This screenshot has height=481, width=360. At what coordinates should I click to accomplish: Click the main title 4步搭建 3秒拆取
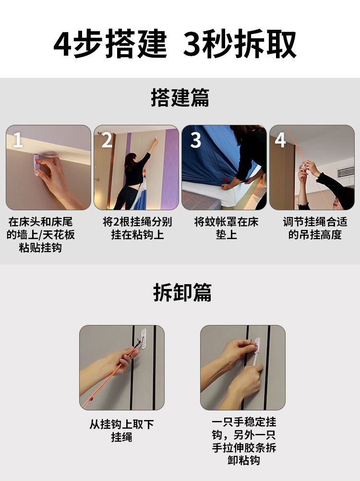(175, 44)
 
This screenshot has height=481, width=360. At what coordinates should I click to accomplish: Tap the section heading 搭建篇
(180, 97)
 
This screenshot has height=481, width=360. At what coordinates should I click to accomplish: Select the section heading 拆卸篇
(182, 292)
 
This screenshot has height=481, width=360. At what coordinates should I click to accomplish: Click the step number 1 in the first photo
(18, 140)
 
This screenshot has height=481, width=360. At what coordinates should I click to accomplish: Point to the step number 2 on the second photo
(107, 140)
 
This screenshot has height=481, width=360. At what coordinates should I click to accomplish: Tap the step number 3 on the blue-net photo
(195, 140)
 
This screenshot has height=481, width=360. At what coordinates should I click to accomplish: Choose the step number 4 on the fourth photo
(280, 140)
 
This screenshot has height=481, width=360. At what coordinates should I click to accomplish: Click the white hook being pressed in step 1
(37, 165)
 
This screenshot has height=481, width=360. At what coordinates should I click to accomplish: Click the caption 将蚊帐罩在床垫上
(226, 228)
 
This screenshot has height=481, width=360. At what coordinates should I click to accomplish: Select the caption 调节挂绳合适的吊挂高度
(315, 228)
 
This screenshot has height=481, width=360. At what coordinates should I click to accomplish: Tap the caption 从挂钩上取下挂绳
(121, 431)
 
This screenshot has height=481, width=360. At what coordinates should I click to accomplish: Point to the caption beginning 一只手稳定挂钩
(244, 441)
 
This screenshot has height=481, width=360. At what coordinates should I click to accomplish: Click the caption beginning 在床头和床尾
(40, 234)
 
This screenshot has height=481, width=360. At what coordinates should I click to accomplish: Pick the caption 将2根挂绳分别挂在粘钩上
(137, 228)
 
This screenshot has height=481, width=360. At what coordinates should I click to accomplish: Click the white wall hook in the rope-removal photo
(143, 338)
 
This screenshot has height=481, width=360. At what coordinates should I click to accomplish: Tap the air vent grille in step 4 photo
(346, 172)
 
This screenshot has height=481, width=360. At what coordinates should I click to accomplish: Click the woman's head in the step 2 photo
(130, 159)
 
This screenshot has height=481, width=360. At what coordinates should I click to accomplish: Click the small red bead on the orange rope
(91, 399)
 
